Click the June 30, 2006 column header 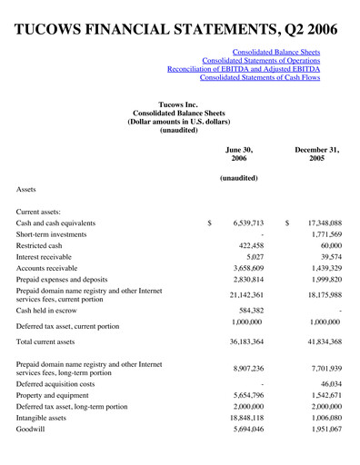click(239, 155)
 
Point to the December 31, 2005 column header click(316, 155)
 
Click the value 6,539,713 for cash click(243, 223)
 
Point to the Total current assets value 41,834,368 click(318, 341)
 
